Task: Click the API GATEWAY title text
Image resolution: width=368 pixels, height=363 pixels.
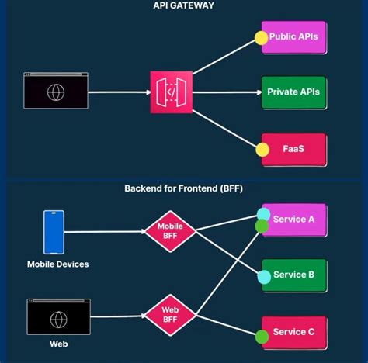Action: [x=184, y=5]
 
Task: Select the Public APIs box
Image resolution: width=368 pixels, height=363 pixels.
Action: [x=294, y=37]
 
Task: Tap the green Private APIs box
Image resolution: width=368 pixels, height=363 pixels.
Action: [x=294, y=92]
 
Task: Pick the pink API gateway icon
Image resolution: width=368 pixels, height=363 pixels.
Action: [x=171, y=92]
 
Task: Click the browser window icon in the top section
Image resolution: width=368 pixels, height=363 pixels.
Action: [x=56, y=92]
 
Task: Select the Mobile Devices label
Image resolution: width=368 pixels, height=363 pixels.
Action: [x=57, y=264]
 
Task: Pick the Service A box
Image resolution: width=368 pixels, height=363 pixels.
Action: [x=295, y=220]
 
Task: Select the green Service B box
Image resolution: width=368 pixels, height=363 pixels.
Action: [x=295, y=275]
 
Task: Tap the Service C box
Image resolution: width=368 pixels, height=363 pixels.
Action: [x=295, y=332]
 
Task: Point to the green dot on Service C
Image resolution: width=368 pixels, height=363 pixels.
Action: [x=262, y=337]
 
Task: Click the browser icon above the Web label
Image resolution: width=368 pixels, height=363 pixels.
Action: [x=59, y=319]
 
